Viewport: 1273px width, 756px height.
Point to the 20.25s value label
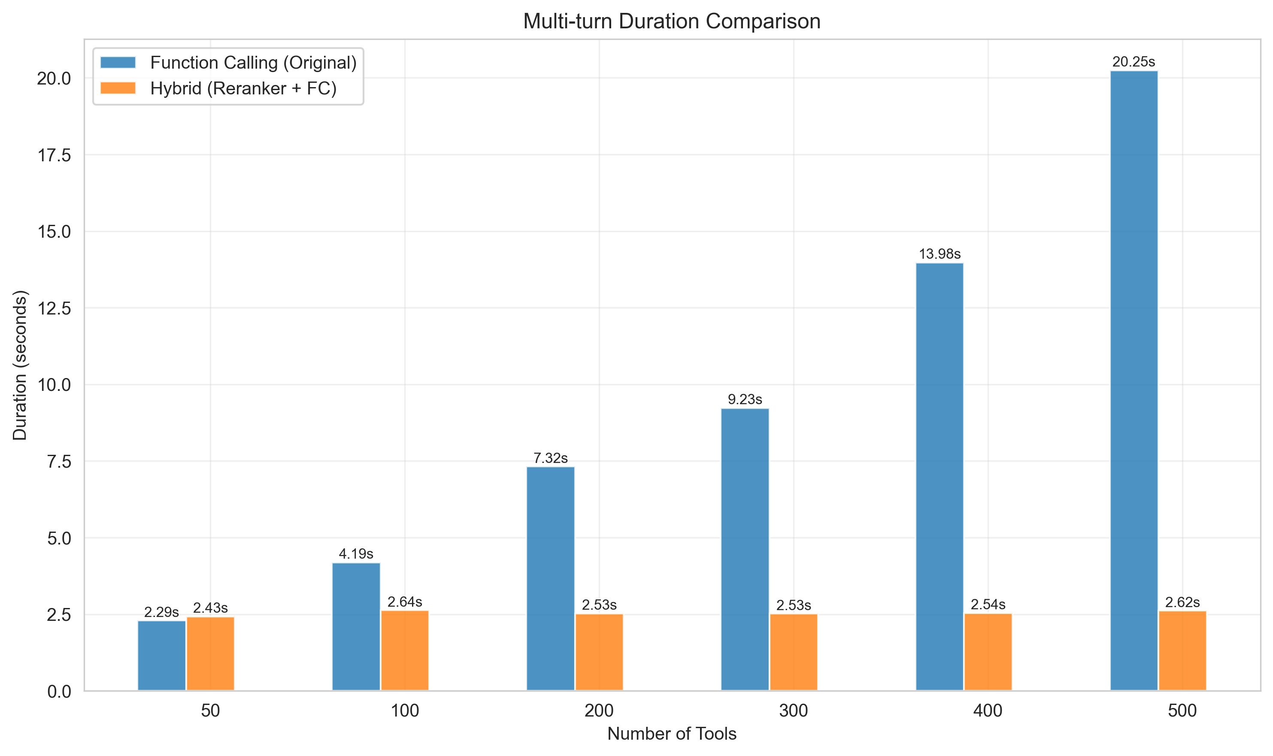click(1134, 62)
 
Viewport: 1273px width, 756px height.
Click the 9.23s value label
click(745, 399)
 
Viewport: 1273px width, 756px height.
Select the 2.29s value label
click(161, 612)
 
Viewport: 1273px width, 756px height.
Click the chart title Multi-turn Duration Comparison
click(672, 21)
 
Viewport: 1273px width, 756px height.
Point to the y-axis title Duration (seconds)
click(20, 365)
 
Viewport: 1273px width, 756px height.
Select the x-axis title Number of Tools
click(672, 734)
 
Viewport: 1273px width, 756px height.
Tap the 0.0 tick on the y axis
click(59, 691)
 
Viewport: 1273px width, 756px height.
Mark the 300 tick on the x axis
click(794, 711)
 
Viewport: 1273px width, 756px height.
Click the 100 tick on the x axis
click(405, 711)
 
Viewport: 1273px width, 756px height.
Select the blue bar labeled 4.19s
click(356, 626)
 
